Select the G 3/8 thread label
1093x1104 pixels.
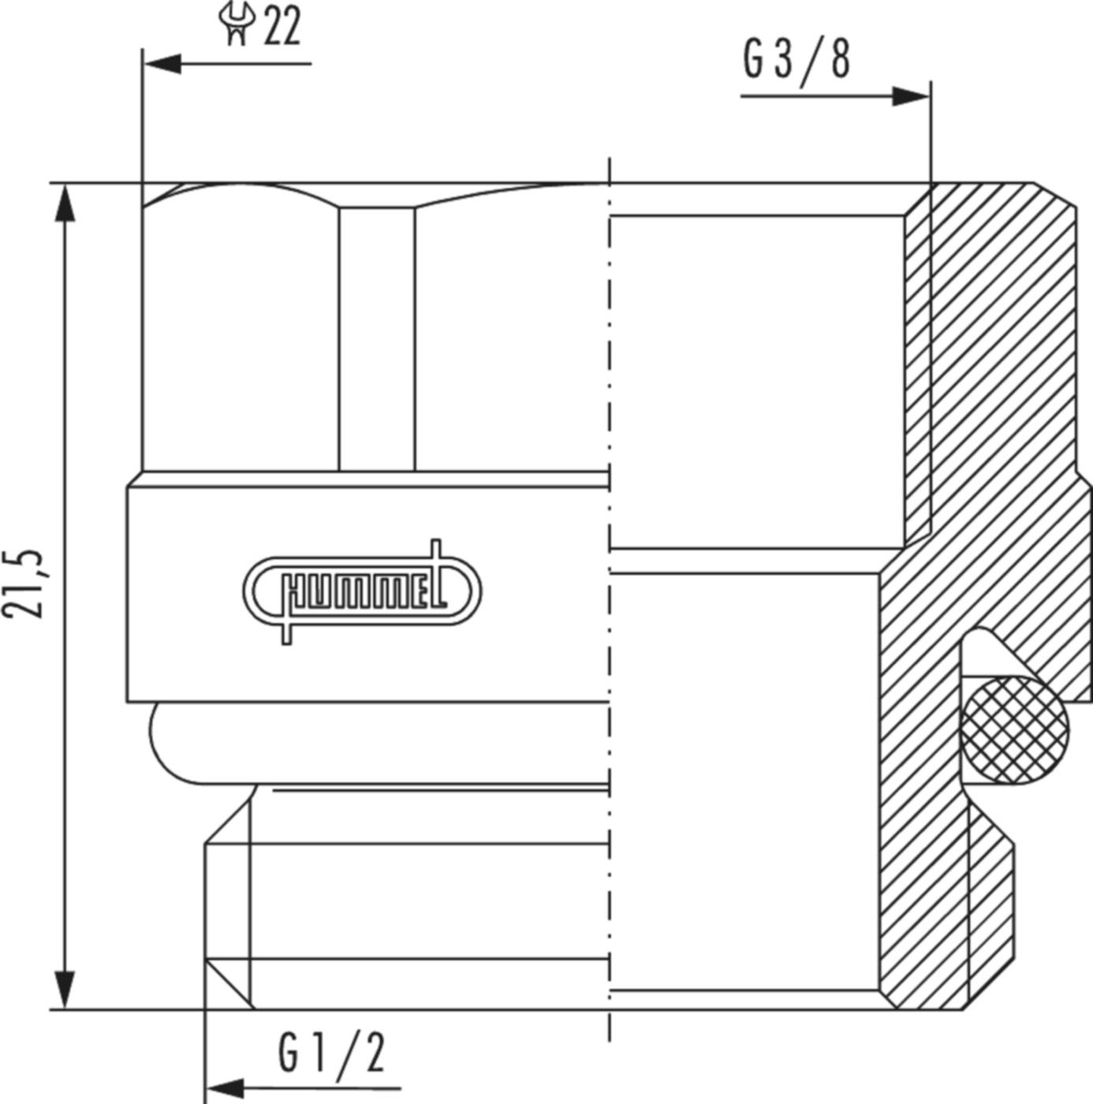pyautogui.click(x=796, y=60)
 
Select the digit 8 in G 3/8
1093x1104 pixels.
pyautogui.click(x=840, y=60)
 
